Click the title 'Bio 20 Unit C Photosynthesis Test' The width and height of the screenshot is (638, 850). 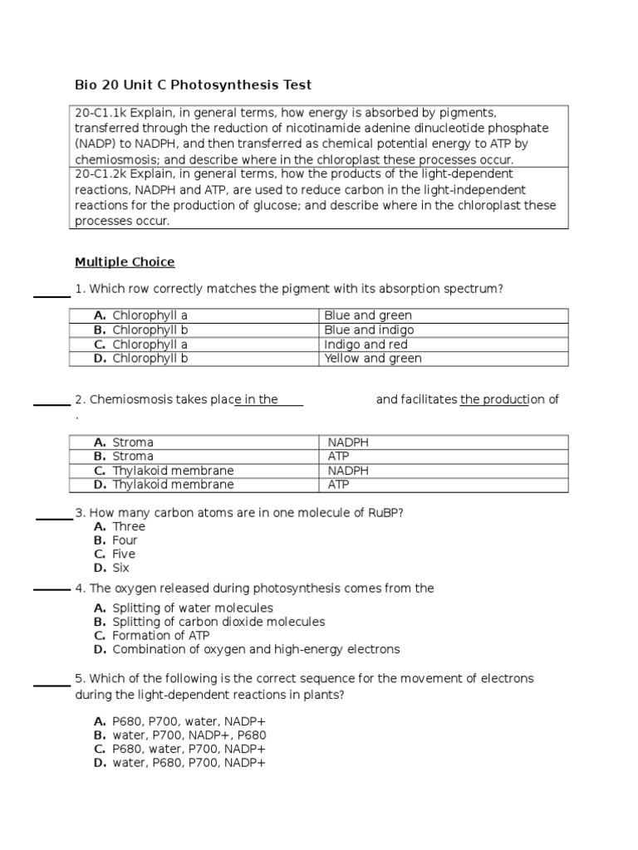(x=193, y=85)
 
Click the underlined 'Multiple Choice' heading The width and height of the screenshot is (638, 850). (x=125, y=262)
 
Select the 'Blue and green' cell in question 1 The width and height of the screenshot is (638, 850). (x=368, y=315)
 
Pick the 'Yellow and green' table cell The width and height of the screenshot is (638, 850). (x=373, y=359)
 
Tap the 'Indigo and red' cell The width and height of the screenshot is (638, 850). (x=366, y=344)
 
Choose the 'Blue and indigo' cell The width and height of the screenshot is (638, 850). (x=369, y=330)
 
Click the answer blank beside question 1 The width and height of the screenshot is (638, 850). (x=52, y=294)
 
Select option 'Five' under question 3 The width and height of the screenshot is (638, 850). (x=124, y=554)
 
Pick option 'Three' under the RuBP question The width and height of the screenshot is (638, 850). (x=129, y=526)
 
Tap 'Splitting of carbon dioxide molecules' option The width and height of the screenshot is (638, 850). (x=218, y=622)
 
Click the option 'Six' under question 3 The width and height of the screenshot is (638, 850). (x=121, y=568)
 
